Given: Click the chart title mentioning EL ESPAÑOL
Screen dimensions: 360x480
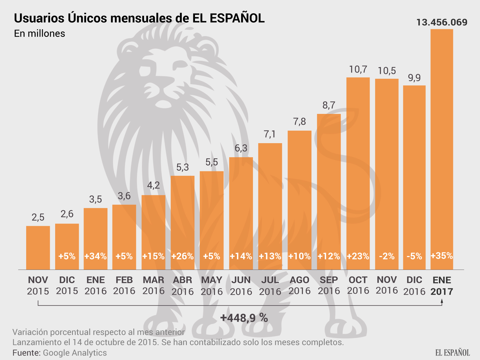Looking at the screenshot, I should pos(139,18).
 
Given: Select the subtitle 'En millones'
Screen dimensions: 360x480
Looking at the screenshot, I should pos(39,33).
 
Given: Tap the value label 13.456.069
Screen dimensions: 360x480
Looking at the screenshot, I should pos(442,22).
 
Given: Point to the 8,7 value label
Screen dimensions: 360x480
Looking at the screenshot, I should pos(329,105).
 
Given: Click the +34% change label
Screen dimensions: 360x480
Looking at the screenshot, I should pos(96,256).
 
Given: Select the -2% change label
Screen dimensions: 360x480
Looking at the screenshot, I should pos(387,256).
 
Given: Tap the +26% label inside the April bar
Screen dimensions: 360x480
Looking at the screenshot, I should pos(182,256).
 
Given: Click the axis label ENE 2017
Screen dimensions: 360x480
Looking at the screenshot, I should pos(442,285).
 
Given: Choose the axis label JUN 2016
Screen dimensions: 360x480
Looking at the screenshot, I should pos(241,285).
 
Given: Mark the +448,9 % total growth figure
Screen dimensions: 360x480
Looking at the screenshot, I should pos(244,318).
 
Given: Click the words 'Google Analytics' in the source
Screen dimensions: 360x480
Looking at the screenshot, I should pos(75,353).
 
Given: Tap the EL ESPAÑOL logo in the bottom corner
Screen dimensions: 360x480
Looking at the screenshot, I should pos(452,353).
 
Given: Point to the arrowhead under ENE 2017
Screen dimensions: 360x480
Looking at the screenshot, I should pos(442,301).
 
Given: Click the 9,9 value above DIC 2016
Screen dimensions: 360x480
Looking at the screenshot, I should pos(414,78).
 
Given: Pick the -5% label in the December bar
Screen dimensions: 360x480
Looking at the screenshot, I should pos(414,256).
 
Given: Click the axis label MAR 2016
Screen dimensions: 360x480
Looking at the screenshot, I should pos(153,285).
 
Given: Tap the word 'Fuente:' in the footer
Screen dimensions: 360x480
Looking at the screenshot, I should pos(27,353).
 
